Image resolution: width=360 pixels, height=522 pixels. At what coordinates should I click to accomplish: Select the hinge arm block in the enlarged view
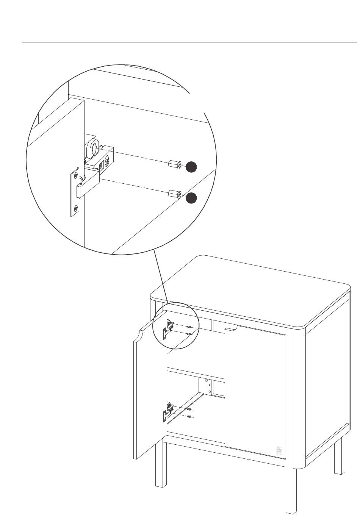pos(88,186)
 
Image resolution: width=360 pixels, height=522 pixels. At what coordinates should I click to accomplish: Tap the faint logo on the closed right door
pos(279,450)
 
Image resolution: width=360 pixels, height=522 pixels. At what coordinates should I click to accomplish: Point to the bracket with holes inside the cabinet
pos(207,387)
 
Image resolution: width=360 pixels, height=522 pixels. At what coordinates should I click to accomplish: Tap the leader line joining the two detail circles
pos(161,277)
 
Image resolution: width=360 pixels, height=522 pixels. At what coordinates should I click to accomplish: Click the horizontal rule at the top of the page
pos(189,42)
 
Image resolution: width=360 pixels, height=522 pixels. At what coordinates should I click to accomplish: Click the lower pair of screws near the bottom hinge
pos(189,413)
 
